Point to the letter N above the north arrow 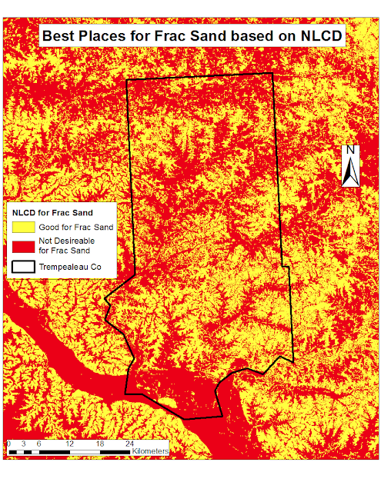349,150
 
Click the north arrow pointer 349,171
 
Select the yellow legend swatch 23,227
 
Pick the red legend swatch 23,246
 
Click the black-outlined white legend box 23,268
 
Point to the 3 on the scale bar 23,444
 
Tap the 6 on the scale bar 38,444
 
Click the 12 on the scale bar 69,444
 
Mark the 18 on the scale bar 100,444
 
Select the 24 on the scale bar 130,444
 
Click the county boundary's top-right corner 272,74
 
